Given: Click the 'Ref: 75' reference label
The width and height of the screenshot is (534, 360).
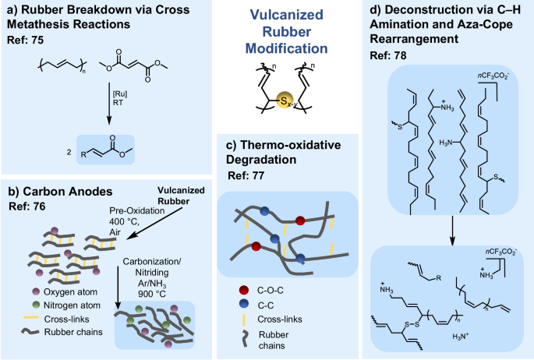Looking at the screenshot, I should click(26, 38).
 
